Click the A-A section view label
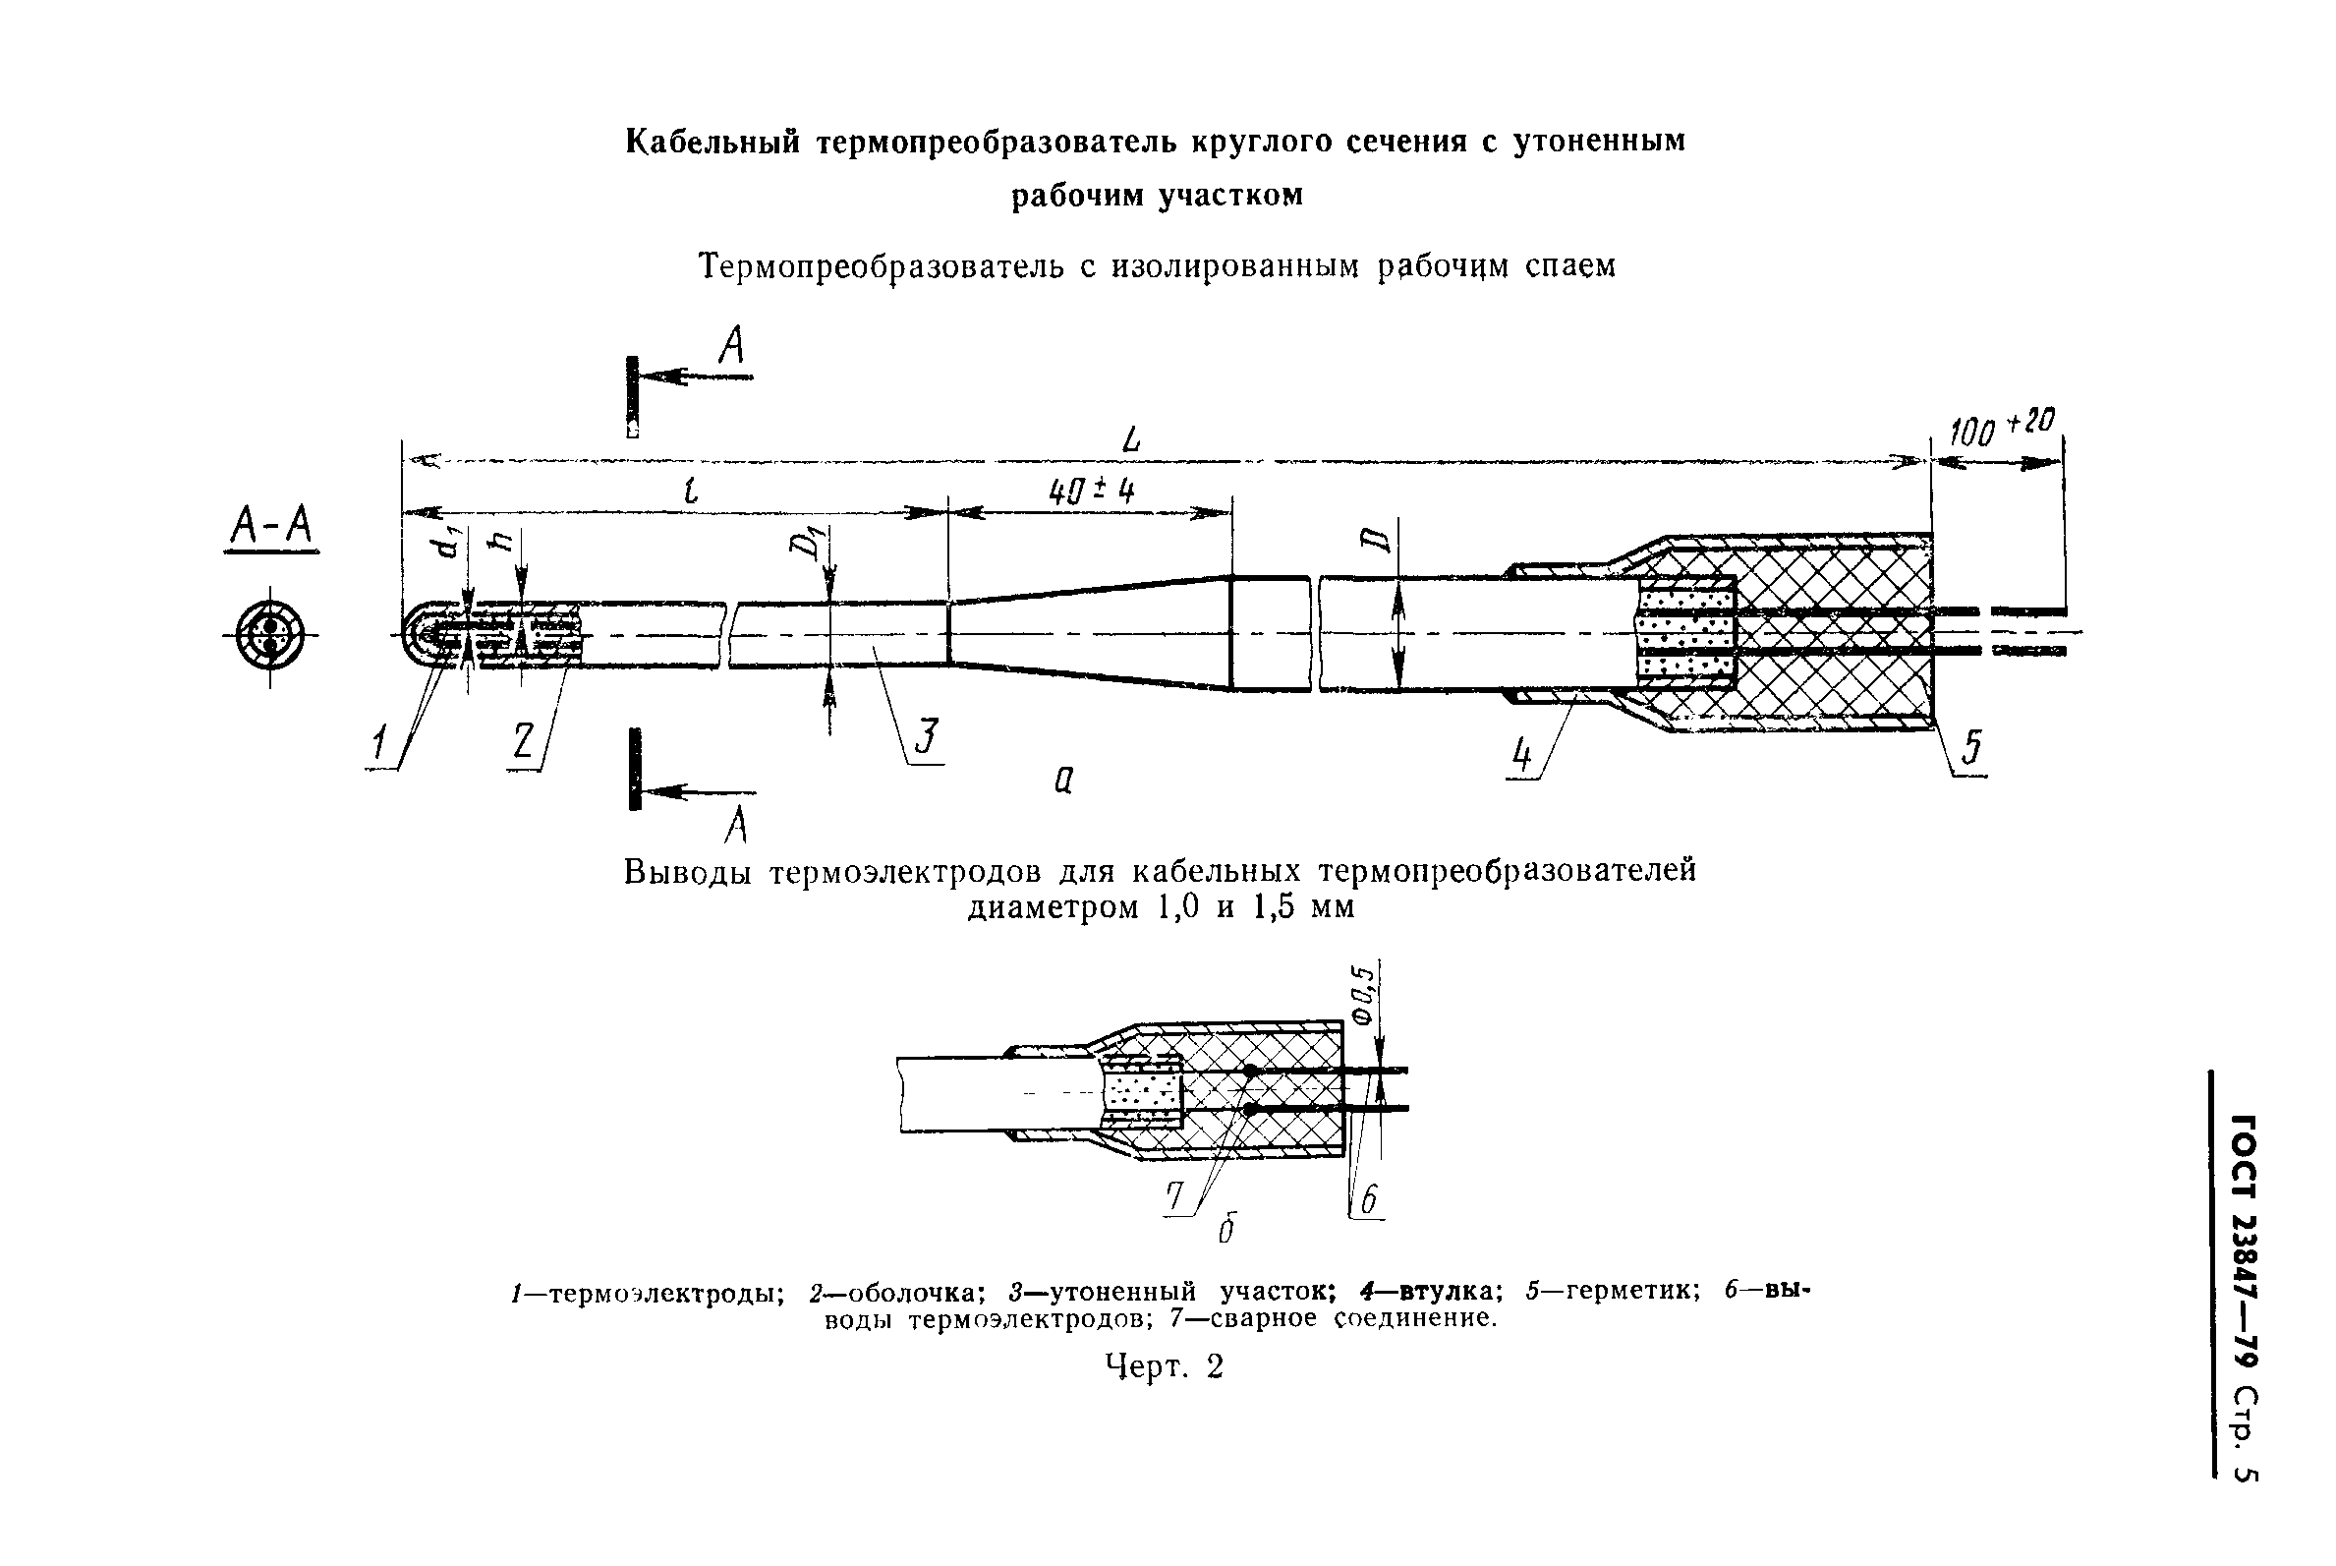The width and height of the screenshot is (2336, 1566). tap(270, 526)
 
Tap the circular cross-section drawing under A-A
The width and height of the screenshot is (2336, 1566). tap(269, 634)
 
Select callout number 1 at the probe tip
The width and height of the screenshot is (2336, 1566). tap(378, 745)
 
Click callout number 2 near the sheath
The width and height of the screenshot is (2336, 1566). tap(523, 742)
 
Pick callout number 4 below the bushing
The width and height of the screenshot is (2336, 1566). tap(1520, 754)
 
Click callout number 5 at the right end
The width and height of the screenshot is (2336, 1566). tap(1970, 748)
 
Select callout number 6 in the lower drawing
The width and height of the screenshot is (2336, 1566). tap(1369, 1199)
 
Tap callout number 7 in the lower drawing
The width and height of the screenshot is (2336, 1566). tap(1175, 1195)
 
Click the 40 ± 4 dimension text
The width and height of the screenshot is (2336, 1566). tap(1091, 492)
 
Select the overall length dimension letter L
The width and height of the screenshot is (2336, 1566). tap(1130, 440)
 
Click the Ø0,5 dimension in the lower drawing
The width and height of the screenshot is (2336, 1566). tap(1364, 994)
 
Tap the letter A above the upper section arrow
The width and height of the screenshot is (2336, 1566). tap(732, 347)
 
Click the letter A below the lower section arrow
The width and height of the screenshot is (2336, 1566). tap(736, 825)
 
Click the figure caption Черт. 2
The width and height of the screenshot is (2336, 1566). tap(1164, 1365)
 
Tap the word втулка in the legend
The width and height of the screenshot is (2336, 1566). tap(1442, 1291)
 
